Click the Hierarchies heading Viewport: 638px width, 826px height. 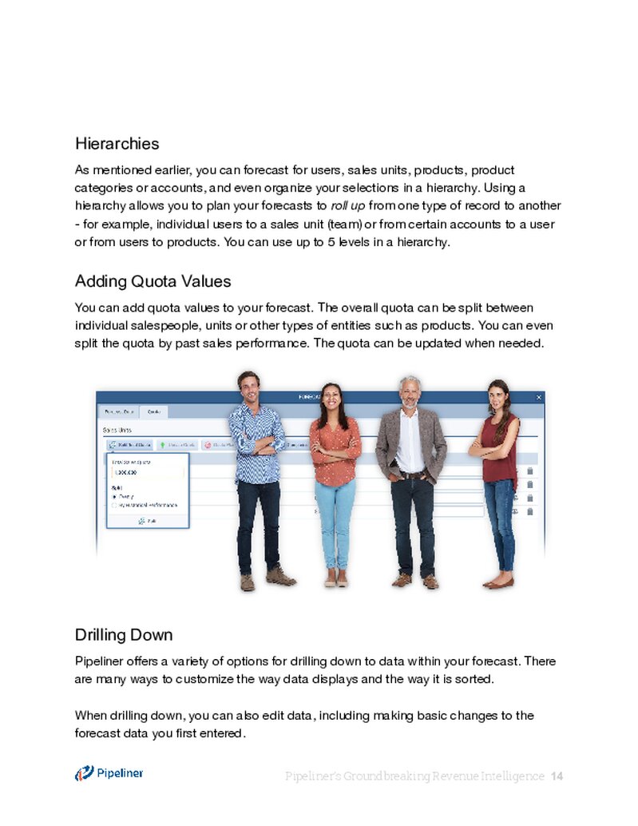coord(117,144)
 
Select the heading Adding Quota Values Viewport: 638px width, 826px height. coord(153,281)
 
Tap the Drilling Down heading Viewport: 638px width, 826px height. coord(123,635)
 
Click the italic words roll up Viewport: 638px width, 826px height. coord(347,206)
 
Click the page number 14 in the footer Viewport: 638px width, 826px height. coord(557,776)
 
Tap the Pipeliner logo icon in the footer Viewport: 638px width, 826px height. coord(84,773)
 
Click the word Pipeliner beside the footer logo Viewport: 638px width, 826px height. coord(121,772)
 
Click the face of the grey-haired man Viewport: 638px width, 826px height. coord(410,391)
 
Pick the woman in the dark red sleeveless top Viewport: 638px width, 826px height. coord(498,447)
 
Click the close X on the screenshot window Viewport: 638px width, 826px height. coord(539,396)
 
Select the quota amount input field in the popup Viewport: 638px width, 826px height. coord(148,473)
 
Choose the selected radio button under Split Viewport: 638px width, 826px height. coord(114,495)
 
